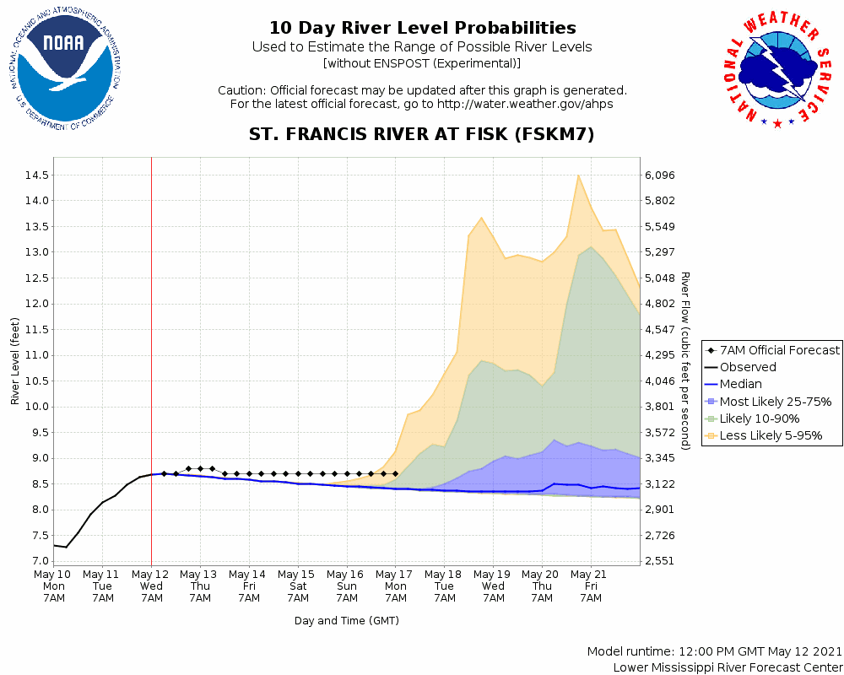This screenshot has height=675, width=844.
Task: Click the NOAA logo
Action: coord(64,73)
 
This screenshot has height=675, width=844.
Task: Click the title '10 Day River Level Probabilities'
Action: coord(422,29)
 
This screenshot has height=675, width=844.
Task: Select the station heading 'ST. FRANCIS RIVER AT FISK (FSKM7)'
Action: coord(422,134)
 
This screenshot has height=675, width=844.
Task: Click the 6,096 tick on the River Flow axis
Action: coord(660,175)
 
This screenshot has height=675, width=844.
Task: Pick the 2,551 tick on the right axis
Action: coord(660,561)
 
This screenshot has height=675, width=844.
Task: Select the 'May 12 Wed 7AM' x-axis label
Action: coord(151,586)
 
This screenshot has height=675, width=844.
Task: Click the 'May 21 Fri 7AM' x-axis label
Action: coord(591,586)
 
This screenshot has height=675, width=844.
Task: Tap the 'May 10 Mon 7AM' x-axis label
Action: coord(54,586)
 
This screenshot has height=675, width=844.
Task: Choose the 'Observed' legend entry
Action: coord(748,367)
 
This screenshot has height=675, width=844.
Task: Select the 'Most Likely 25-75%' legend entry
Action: coord(775,402)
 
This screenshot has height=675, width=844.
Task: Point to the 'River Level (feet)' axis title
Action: coord(15,361)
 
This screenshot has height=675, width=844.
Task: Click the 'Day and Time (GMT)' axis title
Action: coord(347,621)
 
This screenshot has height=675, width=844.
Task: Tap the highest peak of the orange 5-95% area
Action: coord(578,175)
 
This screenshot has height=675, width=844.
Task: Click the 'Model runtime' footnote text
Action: coord(714,651)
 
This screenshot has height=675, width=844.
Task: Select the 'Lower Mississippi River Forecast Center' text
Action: coord(728,667)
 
